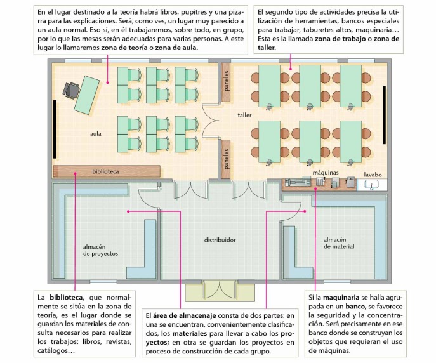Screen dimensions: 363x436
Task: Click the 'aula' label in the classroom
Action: coord(96,134)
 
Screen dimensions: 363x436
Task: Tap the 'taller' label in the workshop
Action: coord(244,115)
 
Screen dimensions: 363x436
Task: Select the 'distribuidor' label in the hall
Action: coord(220,240)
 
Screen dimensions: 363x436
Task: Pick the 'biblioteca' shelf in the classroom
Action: coord(105,171)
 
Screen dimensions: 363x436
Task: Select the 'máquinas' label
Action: coord(326,172)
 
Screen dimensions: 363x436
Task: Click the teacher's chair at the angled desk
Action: coord(71,91)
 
